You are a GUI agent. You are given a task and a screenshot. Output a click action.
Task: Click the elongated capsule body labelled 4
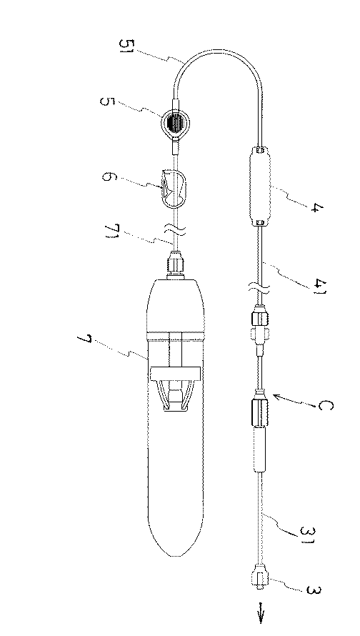click(x=261, y=186)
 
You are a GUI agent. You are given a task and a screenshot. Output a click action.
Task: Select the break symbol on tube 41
click(x=260, y=287)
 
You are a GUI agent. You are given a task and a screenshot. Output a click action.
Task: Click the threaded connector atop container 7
click(x=175, y=264)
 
